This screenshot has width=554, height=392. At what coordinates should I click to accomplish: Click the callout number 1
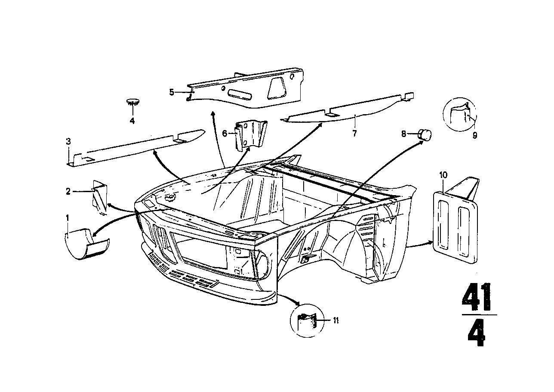68,218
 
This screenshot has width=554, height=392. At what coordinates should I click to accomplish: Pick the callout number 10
443,175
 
